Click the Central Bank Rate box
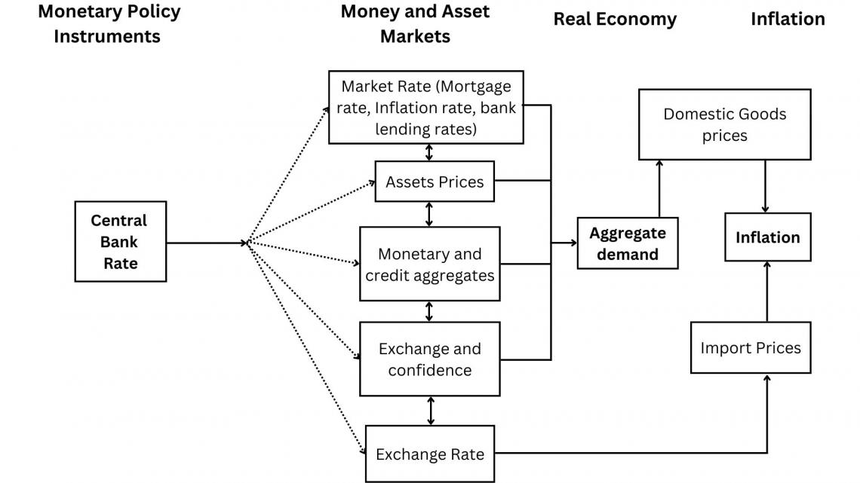click(120, 241)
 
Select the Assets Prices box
click(435, 182)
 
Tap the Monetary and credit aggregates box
click(429, 264)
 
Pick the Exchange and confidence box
click(429, 359)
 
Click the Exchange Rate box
click(429, 454)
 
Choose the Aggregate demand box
click(627, 243)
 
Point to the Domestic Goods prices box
click(724, 125)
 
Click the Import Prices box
click(751, 347)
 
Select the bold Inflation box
click(767, 237)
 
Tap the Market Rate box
click(425, 107)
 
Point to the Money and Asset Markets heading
click(415, 23)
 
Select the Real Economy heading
click(615, 20)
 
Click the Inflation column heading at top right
click(787, 20)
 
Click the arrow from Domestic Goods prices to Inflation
click(766, 185)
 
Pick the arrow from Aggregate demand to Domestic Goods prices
click(659, 188)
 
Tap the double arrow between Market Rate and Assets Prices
click(429, 152)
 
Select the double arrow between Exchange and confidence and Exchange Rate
click(431, 411)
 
